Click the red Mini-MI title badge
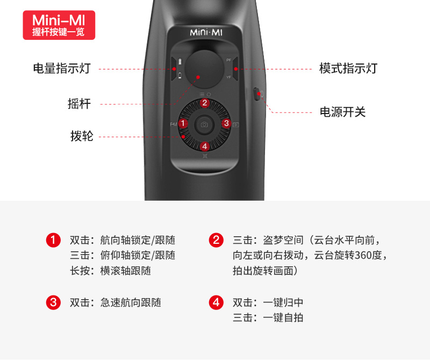(x=59, y=25)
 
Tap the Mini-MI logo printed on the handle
(x=206, y=32)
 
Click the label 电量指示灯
(x=62, y=68)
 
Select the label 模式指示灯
(x=348, y=68)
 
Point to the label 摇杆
(x=79, y=104)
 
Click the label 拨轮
(x=82, y=136)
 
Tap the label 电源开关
(x=343, y=112)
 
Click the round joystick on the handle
(x=204, y=69)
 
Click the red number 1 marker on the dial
(x=183, y=124)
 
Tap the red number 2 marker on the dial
(x=205, y=103)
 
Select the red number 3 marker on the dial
(x=226, y=124)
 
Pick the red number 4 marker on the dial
(x=205, y=146)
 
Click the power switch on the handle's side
(x=257, y=94)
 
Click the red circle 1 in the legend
(x=53, y=241)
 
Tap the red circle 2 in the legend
(x=216, y=241)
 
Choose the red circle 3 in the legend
(x=53, y=302)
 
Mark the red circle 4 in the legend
(x=216, y=302)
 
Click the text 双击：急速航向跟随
(x=116, y=302)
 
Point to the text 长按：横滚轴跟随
(x=110, y=271)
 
